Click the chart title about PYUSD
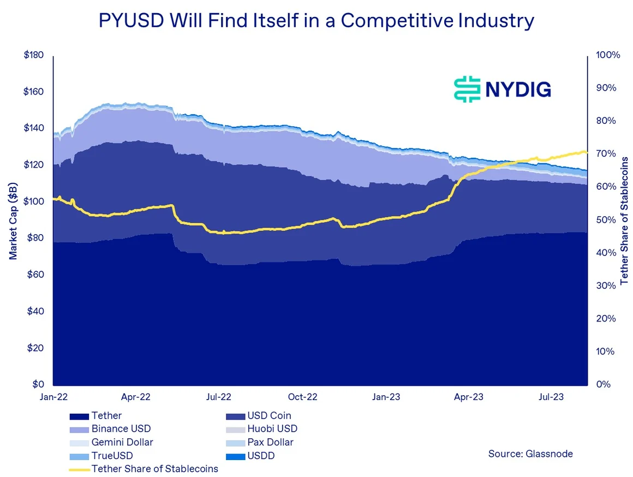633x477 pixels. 316,22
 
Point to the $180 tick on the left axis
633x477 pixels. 34,56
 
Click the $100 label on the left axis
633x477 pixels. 34,202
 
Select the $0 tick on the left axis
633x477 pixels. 39,384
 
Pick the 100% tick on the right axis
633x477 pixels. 608,56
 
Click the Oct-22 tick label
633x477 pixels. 302,397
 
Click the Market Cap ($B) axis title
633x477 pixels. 14,220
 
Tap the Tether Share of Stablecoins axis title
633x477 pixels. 624,220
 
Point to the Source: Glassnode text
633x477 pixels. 530,454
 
